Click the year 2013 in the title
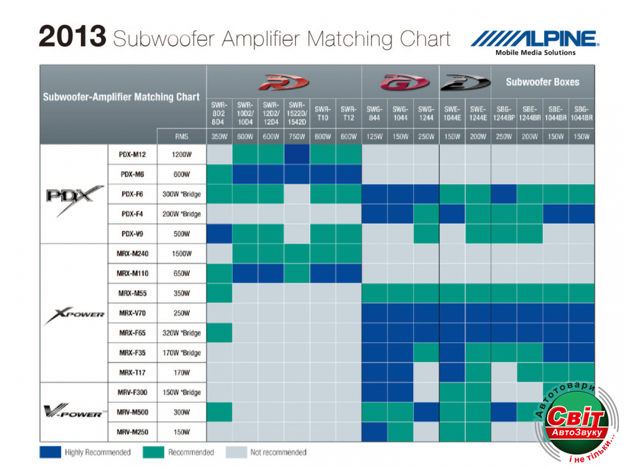72,37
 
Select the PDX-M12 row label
132,154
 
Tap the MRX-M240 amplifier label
132,253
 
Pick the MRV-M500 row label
132,412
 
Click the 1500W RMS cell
182,253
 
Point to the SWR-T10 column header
323,113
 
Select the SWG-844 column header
374,113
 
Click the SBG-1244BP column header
504,113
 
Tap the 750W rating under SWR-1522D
297,136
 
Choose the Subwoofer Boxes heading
542,82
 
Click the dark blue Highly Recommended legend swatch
50,452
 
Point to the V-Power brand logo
74,411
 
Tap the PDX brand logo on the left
74,198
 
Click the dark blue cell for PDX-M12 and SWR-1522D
297,154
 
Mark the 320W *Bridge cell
182,333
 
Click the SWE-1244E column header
477,113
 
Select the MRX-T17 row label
132,373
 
